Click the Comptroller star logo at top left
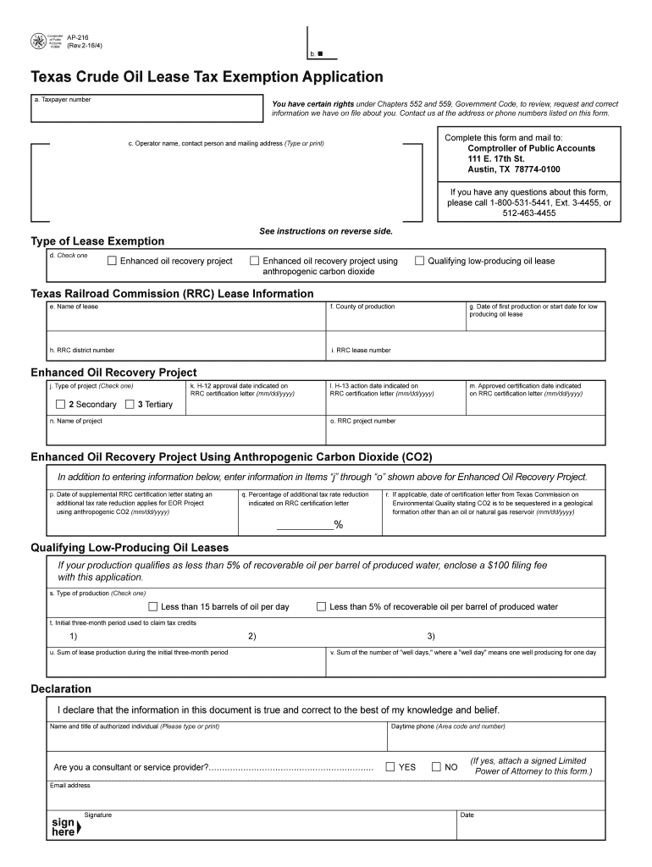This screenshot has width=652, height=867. [x=39, y=40]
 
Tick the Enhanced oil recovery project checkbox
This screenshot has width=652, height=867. [x=111, y=261]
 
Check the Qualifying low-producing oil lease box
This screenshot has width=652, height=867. [x=419, y=261]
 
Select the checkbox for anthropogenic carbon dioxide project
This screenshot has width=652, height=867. [x=254, y=261]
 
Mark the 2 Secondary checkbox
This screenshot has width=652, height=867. [x=60, y=404]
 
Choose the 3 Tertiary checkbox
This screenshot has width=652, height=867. [x=130, y=404]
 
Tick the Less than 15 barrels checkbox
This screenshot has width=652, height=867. [x=153, y=606]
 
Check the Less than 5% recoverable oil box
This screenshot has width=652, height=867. [x=322, y=606]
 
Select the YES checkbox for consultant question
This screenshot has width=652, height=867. [x=390, y=767]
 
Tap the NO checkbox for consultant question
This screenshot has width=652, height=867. [x=436, y=767]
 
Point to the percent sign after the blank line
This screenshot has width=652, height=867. [x=339, y=526]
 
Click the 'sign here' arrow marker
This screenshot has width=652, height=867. [x=78, y=828]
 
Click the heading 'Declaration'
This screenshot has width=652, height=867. [x=61, y=688]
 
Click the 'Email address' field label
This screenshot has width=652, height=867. [x=70, y=785]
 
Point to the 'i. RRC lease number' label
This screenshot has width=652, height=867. [x=362, y=350]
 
